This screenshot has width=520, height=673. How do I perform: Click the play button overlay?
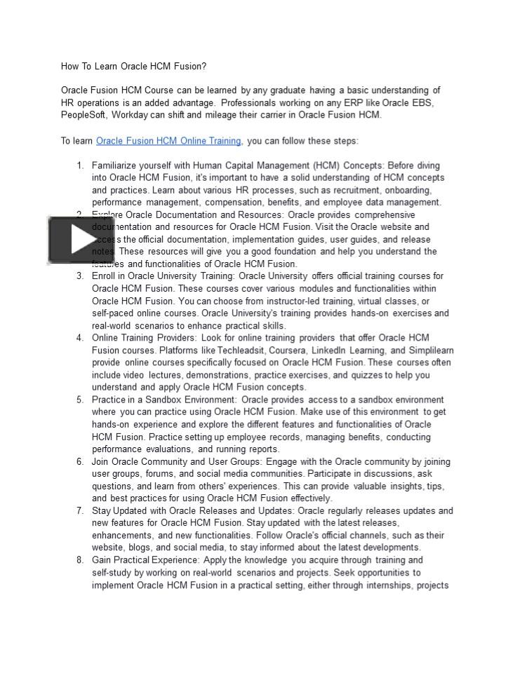click(x=75, y=240)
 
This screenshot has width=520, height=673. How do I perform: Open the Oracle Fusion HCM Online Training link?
click(x=168, y=141)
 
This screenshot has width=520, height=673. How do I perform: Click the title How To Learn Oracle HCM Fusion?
click(x=133, y=67)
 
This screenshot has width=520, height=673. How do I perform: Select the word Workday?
click(x=130, y=115)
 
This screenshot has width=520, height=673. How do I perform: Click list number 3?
click(x=80, y=276)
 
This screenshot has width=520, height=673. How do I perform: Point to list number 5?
click(x=80, y=400)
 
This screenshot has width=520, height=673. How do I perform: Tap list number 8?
click(x=80, y=560)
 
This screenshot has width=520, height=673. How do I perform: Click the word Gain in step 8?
click(x=102, y=560)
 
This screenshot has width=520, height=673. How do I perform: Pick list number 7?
click(x=80, y=510)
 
